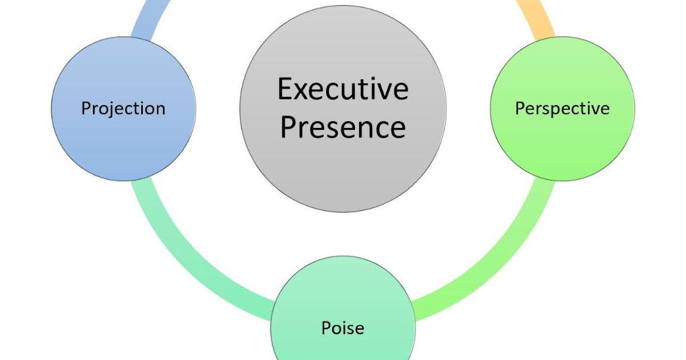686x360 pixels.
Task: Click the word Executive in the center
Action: pos(343,90)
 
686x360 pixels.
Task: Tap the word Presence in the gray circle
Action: pos(343,127)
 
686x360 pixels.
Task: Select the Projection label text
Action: pos(123,108)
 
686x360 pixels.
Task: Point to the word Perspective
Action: pos(563,108)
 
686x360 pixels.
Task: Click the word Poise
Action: pos(342,328)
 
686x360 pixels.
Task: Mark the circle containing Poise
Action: pos(343,297)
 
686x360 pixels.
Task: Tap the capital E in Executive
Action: pos(285,90)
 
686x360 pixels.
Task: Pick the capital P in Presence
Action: pos(287,127)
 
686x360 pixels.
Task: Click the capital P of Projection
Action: pos(86,108)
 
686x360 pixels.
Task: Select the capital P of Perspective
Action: pos(520,108)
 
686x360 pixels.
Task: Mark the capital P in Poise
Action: pos(326,328)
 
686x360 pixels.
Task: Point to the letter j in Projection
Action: pos(113,109)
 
